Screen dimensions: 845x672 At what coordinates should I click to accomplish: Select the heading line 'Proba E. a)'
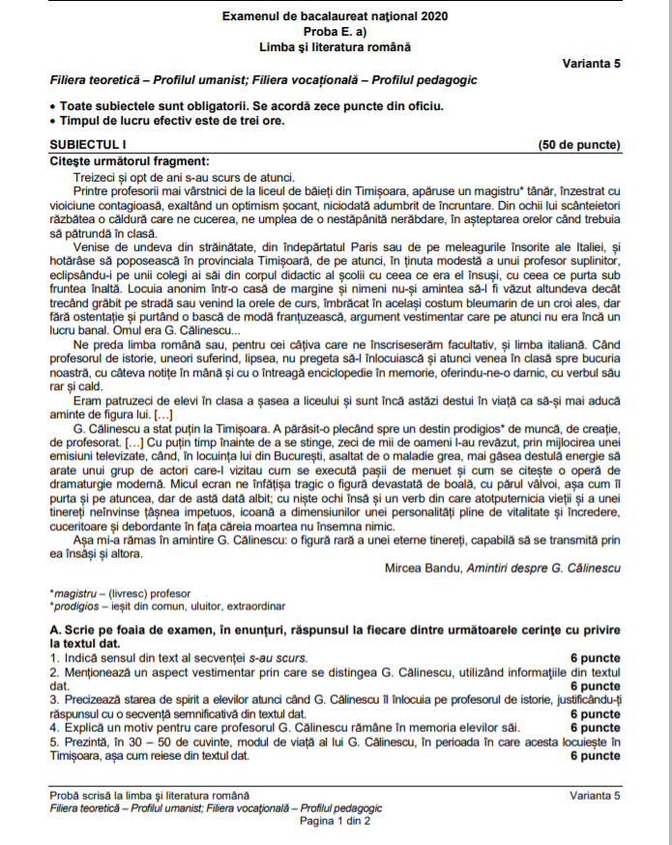coord(336,31)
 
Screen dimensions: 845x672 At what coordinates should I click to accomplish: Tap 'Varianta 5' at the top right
coord(591,63)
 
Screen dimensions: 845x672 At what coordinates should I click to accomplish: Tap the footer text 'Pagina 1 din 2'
coord(335,821)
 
